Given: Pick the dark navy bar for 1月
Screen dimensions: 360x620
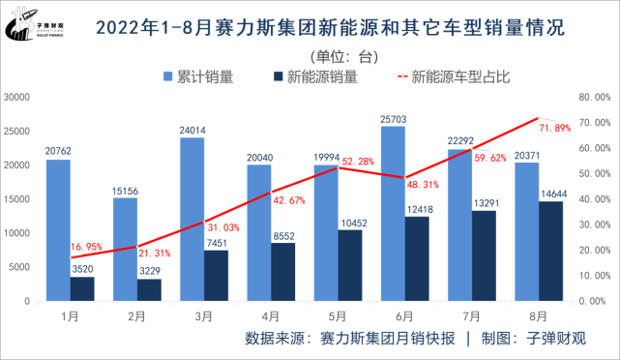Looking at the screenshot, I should pos(82,289).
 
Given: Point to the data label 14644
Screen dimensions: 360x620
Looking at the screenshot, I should pos(551,194).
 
